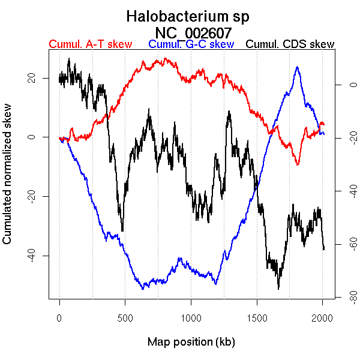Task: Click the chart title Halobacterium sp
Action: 188,16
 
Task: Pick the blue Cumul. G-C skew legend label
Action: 191,44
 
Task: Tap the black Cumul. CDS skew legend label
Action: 290,44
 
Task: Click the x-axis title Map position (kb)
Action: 191,342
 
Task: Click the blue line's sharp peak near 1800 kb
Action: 297,67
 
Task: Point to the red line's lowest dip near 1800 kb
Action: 297,164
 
